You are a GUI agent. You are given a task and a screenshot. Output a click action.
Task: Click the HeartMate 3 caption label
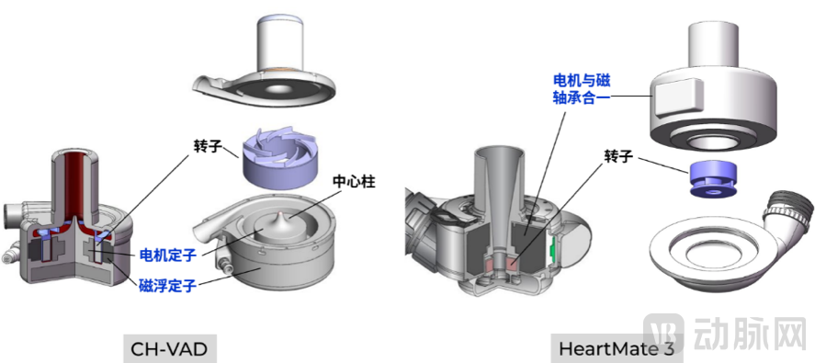click(x=603, y=349)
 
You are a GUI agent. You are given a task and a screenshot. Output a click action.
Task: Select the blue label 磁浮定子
click(x=167, y=286)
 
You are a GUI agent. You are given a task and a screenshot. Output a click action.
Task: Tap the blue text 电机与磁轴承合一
click(x=581, y=88)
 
